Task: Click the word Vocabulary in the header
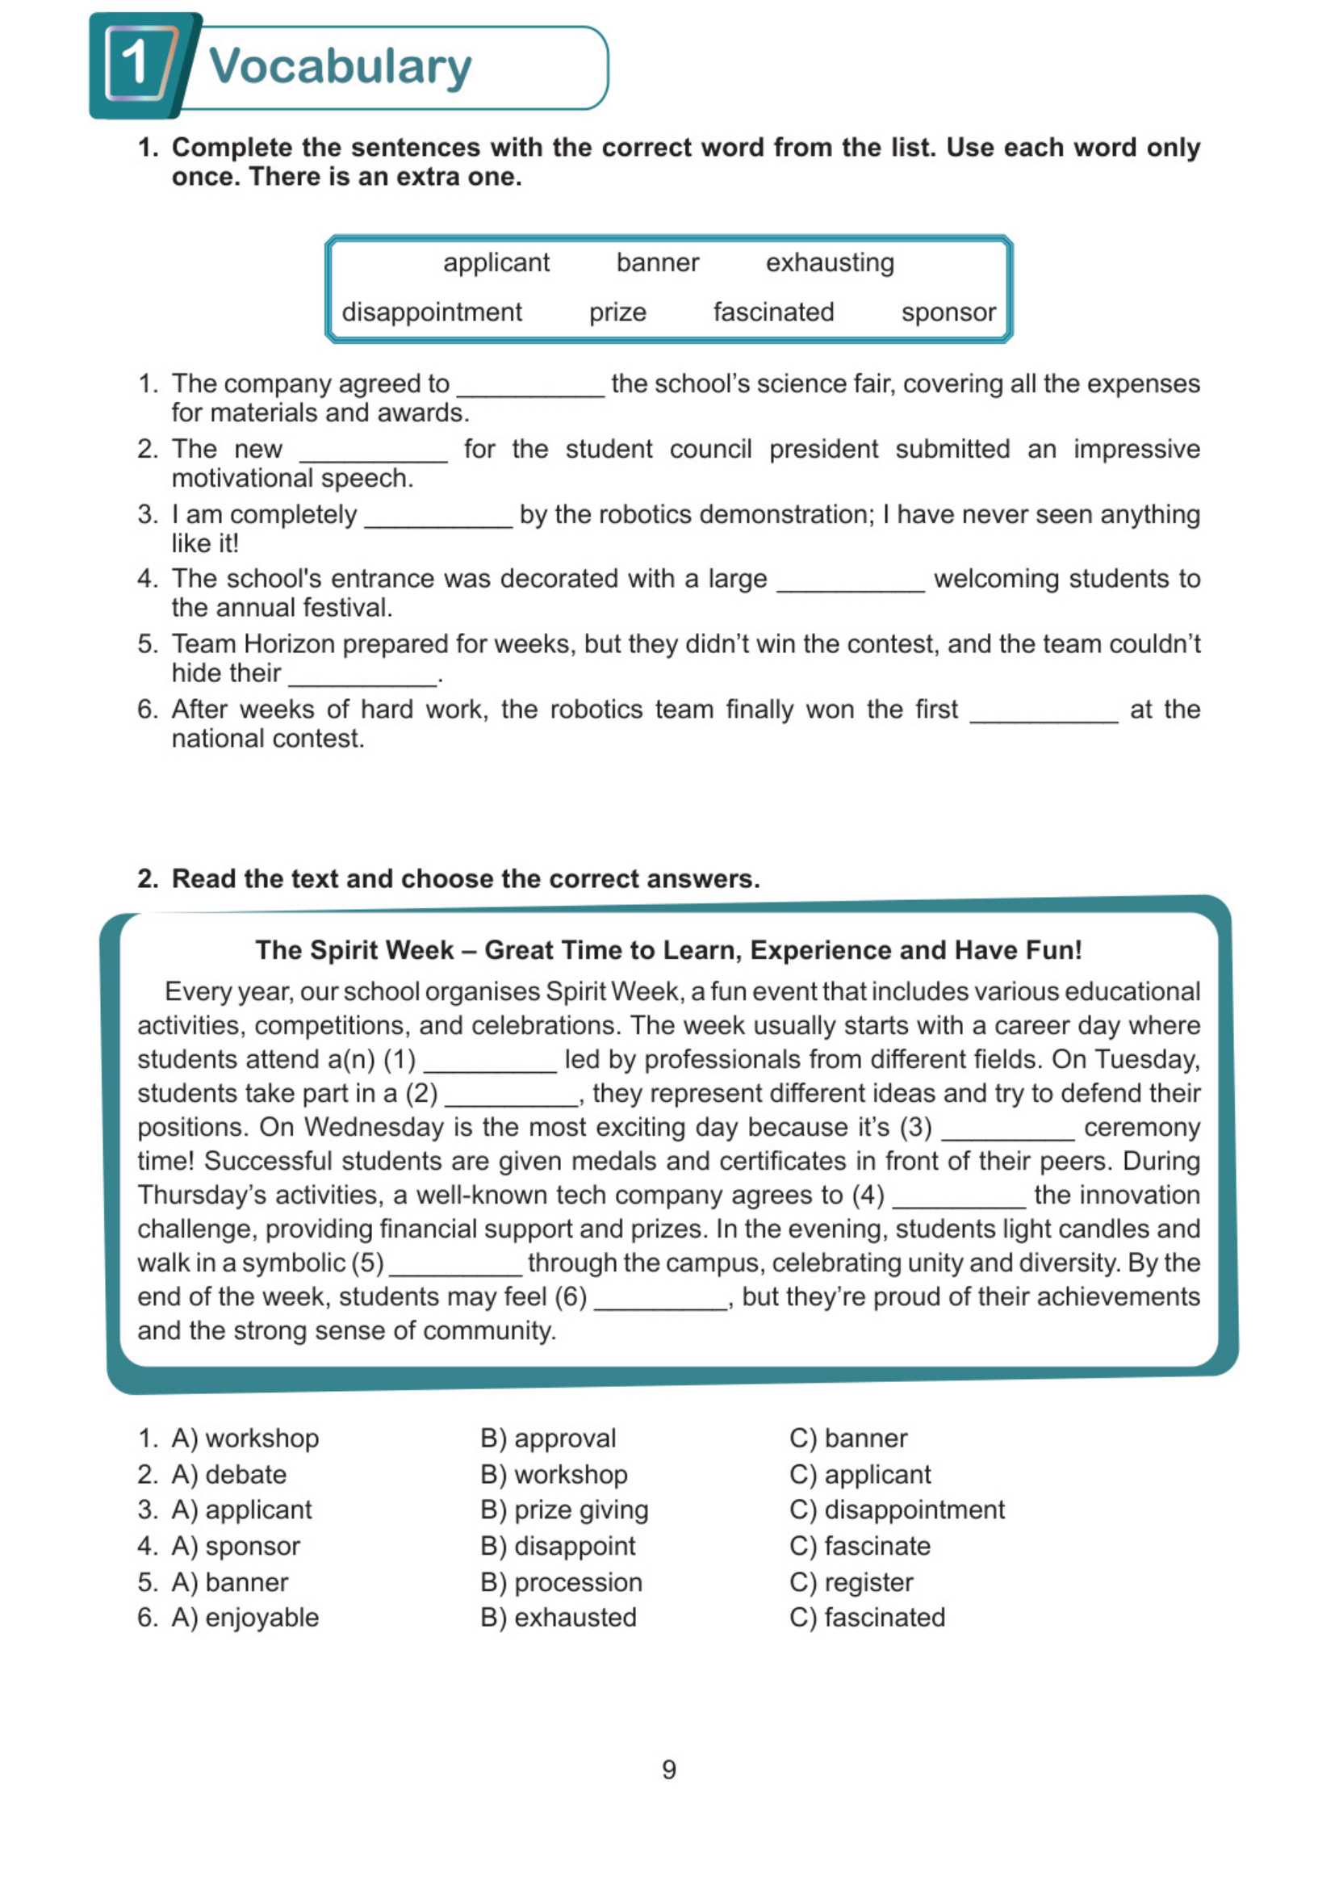pyautogui.click(x=340, y=66)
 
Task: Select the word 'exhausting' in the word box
pyautogui.click(x=830, y=263)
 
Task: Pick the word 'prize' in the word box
pyautogui.click(x=617, y=312)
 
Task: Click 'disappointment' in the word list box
pyautogui.click(x=431, y=312)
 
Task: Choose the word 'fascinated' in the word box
pyautogui.click(x=773, y=312)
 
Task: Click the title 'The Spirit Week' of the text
pyautogui.click(x=354, y=950)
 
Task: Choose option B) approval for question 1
pyautogui.click(x=548, y=1439)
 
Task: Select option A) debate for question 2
pyautogui.click(x=229, y=1475)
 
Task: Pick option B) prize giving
pyautogui.click(x=565, y=1510)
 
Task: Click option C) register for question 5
pyautogui.click(x=851, y=1583)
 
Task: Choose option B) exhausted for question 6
pyautogui.click(x=559, y=1619)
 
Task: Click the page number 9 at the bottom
pyautogui.click(x=668, y=1770)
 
